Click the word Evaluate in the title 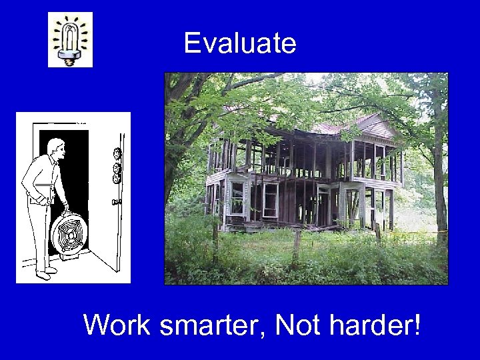[239, 43]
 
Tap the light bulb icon [70, 40]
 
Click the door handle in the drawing [117, 201]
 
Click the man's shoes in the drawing [44, 272]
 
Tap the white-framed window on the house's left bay [237, 196]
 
